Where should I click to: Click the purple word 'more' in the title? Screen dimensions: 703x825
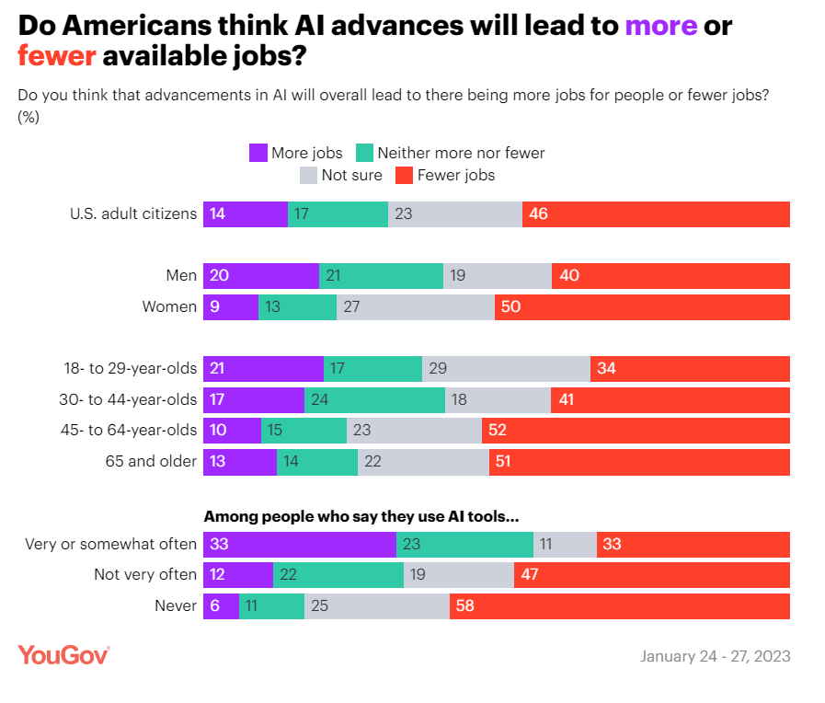coord(660,25)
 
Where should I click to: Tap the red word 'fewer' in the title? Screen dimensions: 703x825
coord(57,57)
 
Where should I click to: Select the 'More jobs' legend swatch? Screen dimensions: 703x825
coord(258,153)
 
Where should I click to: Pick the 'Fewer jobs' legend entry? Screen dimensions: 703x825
coord(445,175)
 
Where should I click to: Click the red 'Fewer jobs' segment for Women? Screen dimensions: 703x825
coord(642,307)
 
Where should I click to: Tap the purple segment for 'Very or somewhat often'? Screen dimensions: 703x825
coord(300,544)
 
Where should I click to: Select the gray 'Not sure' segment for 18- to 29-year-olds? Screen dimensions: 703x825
coord(506,369)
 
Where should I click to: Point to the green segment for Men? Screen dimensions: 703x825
coord(381,276)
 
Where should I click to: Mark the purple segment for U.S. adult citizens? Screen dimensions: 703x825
coord(246,214)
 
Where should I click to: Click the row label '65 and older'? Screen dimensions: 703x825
coord(151,462)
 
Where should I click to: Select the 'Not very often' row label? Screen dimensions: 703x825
coord(145,575)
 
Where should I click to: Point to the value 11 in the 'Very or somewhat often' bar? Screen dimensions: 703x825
coord(546,544)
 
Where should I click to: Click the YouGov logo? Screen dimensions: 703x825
coord(64,655)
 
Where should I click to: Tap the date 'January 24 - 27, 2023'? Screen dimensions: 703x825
coord(715,657)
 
